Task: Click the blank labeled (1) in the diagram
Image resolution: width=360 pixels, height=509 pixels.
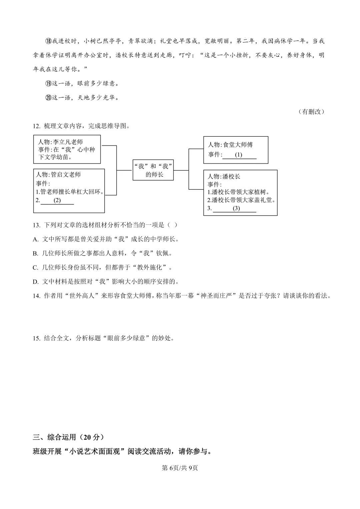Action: pos(239,155)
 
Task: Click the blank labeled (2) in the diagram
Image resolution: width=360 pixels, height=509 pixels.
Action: pos(57,201)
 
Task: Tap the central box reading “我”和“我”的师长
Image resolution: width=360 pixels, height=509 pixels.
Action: pos(153,170)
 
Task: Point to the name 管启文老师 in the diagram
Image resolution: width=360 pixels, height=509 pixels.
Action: pos(66,175)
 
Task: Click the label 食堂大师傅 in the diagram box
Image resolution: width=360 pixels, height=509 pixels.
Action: pos(238,145)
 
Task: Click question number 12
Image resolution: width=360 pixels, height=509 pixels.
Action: pos(36,126)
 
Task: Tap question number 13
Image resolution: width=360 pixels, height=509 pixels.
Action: pos(36,225)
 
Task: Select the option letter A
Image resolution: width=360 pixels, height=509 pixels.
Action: pos(35,239)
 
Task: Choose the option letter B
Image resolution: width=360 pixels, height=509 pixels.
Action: pos(35,253)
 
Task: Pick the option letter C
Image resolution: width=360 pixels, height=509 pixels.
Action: pos(35,268)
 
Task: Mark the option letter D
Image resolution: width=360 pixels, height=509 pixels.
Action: pos(35,282)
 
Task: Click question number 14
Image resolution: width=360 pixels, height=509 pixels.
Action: pos(36,296)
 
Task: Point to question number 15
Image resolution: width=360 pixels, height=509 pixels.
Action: pos(36,338)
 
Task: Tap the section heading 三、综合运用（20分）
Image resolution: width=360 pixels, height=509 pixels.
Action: pos(68,437)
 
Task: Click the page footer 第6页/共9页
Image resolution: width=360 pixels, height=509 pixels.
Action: pos(180,468)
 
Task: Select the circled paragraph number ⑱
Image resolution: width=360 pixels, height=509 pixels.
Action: pos(48,41)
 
